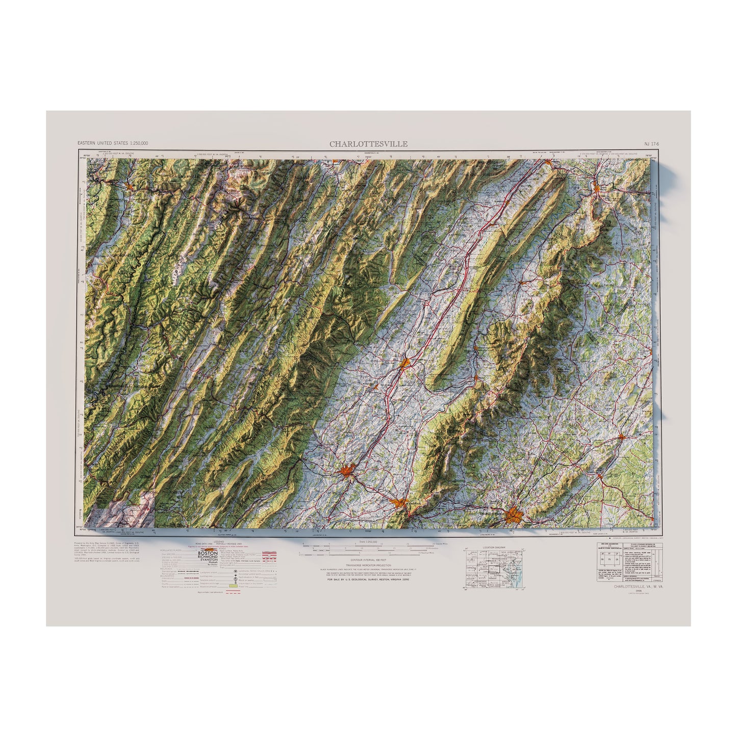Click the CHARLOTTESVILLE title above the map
point(368,144)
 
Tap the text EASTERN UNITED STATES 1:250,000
point(113,144)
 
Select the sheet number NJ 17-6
point(651,144)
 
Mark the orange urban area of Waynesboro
point(400,504)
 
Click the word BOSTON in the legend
point(208,553)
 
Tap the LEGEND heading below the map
point(219,540)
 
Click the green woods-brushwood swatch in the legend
point(234,586)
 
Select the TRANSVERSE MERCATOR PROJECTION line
point(363,566)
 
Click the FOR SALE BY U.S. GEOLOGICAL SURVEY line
point(363,580)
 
